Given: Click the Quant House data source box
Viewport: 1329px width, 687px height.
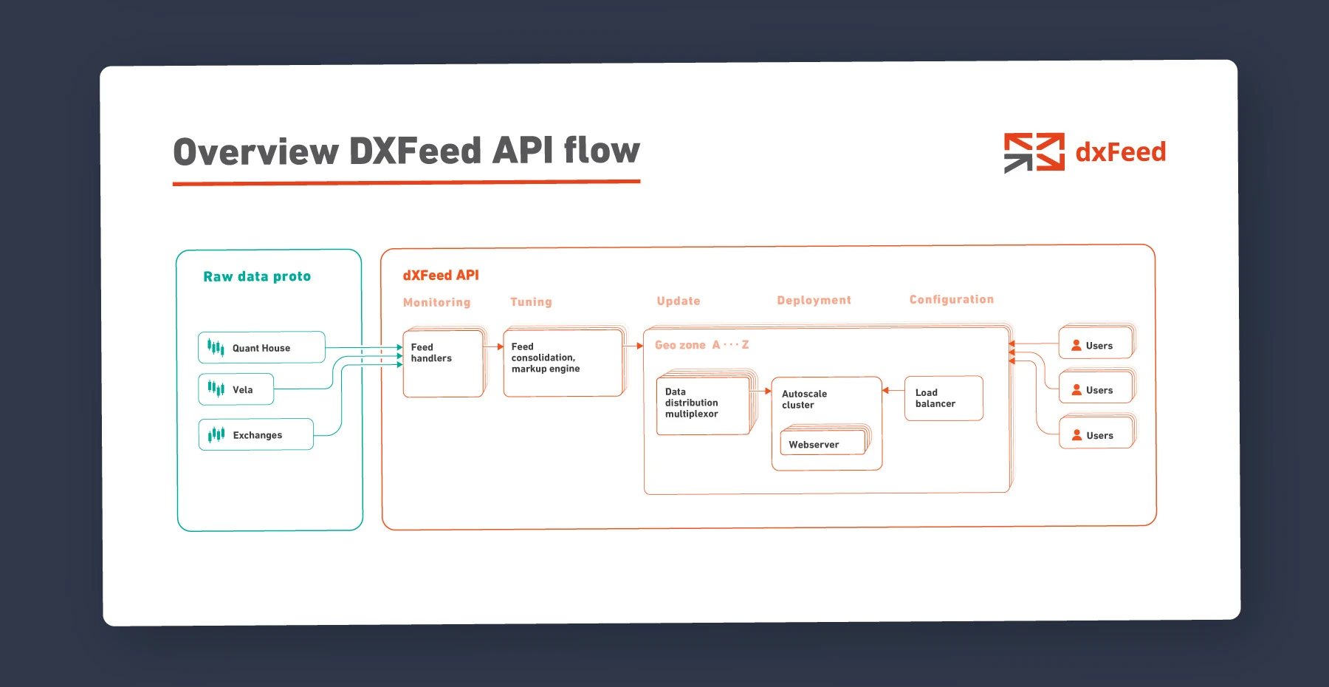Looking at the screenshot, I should (x=261, y=347).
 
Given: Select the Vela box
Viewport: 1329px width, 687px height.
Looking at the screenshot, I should (x=236, y=389).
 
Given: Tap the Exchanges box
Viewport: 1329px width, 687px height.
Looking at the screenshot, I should (x=256, y=434).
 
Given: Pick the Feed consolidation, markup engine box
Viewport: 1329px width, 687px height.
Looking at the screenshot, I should (x=563, y=363).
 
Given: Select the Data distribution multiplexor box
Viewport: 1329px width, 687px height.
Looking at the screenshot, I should (x=703, y=406).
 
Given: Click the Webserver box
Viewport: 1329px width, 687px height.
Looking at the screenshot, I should (x=823, y=444).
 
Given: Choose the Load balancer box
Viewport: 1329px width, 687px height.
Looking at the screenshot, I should (x=944, y=398).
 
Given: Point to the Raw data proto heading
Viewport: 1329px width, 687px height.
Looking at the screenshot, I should (x=257, y=276).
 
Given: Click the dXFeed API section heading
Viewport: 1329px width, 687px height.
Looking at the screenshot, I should (x=441, y=275).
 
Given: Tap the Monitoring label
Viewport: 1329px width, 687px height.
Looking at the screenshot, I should (x=436, y=302).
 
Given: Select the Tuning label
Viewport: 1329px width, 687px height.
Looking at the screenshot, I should (x=531, y=301).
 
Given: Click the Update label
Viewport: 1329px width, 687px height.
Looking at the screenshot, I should (x=679, y=301).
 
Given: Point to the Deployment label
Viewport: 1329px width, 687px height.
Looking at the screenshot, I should (x=814, y=300).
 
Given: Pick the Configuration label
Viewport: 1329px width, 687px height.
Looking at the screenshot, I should (x=951, y=299).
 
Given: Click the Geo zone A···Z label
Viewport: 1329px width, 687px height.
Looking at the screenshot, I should (x=701, y=345).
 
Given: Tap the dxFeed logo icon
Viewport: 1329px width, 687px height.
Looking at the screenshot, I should (x=1034, y=152).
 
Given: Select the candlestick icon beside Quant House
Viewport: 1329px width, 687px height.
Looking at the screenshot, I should (x=216, y=347).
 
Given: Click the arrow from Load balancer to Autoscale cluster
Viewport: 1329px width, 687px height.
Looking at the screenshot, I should (x=893, y=390).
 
